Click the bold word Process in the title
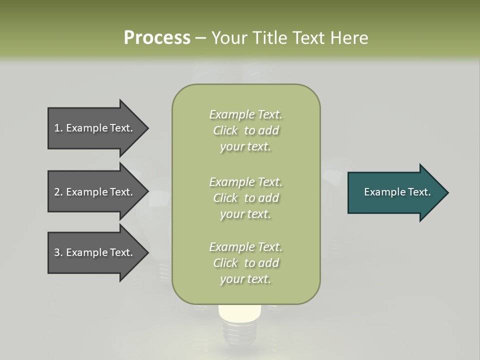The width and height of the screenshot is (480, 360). (x=157, y=38)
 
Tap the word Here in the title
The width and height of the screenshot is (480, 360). (x=348, y=38)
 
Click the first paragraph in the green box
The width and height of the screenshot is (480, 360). (x=245, y=130)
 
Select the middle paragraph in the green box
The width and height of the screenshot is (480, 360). (x=245, y=198)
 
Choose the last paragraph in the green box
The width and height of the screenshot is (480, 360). (x=245, y=263)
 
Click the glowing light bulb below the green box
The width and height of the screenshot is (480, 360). (x=240, y=312)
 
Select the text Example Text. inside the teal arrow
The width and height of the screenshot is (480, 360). (x=397, y=192)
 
